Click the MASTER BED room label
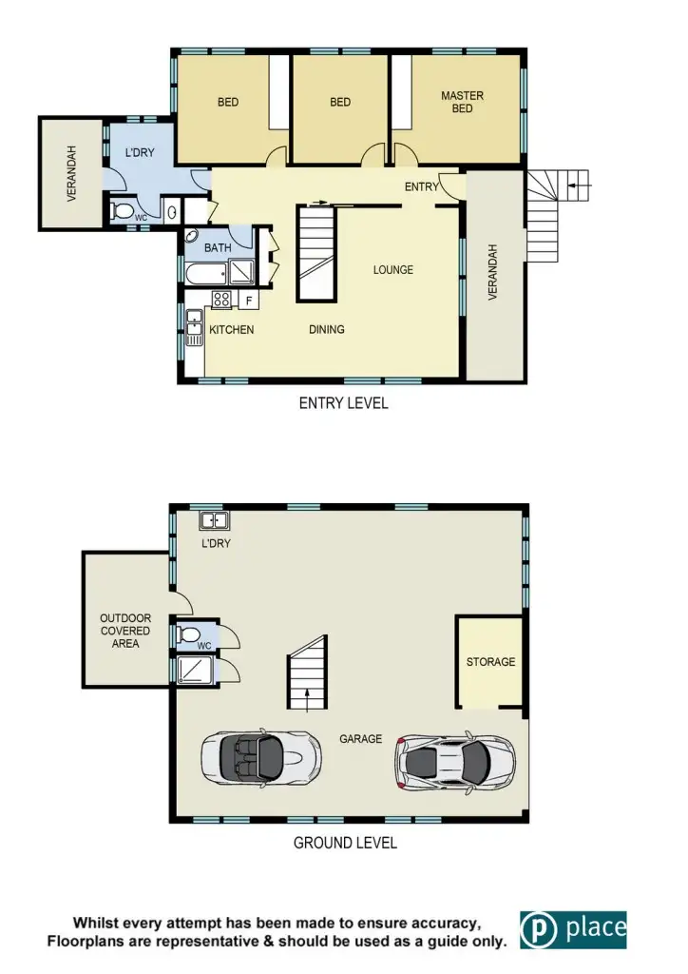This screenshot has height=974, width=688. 462,103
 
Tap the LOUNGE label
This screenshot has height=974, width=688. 392,270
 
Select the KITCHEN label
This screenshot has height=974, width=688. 232,330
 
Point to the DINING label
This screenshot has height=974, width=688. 326,330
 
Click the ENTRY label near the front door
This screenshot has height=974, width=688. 421,187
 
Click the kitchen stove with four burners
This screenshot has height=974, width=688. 221,300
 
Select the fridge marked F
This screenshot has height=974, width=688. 248,301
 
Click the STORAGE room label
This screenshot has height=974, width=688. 490,662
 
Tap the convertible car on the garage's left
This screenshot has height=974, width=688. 260,758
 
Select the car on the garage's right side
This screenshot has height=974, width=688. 456,758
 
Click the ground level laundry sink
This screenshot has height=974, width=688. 213,520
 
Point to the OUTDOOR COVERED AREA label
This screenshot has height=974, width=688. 125,631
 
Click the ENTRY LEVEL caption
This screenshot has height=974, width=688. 343,403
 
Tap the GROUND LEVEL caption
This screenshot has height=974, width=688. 345,843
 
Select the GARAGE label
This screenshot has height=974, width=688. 360,738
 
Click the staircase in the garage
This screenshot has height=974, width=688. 307,674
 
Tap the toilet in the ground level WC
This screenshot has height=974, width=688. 188,633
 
